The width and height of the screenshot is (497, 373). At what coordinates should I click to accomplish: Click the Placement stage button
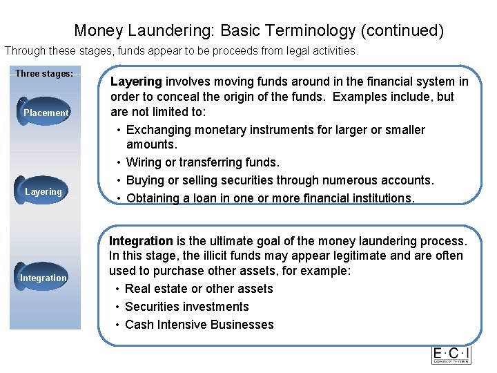[x=46, y=113]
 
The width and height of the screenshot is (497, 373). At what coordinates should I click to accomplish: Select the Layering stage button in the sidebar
[x=43, y=191]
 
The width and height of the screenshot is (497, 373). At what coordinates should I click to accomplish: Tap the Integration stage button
[x=43, y=278]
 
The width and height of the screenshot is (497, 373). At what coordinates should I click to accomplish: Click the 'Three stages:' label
[x=44, y=73]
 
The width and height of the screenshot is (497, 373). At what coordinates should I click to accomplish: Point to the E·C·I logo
[x=451, y=354]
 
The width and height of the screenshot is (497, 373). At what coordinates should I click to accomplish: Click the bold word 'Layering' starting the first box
[x=136, y=82]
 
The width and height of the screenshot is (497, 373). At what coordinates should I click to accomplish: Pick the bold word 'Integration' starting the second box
[x=141, y=241]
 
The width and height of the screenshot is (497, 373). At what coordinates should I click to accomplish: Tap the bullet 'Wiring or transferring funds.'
[x=203, y=162]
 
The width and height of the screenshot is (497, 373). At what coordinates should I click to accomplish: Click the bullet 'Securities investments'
[x=187, y=307]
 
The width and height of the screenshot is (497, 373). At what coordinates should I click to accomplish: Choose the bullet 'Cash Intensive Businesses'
[x=199, y=325]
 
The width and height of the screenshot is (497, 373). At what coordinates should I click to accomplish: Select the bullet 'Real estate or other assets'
[x=199, y=289]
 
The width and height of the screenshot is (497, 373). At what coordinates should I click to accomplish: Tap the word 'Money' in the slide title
[x=97, y=31]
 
